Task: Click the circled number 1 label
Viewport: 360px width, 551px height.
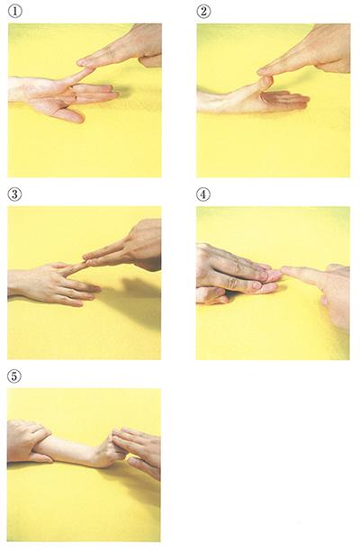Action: point(14,12)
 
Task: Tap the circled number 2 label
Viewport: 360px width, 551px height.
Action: point(203,12)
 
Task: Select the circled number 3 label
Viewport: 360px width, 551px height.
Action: point(14,194)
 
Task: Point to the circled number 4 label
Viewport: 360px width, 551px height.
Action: point(203,194)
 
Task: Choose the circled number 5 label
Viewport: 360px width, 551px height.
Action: point(14,376)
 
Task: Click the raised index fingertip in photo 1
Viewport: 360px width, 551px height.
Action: point(88,70)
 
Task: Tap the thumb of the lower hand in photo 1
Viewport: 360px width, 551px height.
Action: point(71,114)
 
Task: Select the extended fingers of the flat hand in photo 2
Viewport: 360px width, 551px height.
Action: point(285,100)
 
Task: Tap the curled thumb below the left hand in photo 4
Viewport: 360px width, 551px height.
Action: point(212,296)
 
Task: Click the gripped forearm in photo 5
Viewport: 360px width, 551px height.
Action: point(67,450)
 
